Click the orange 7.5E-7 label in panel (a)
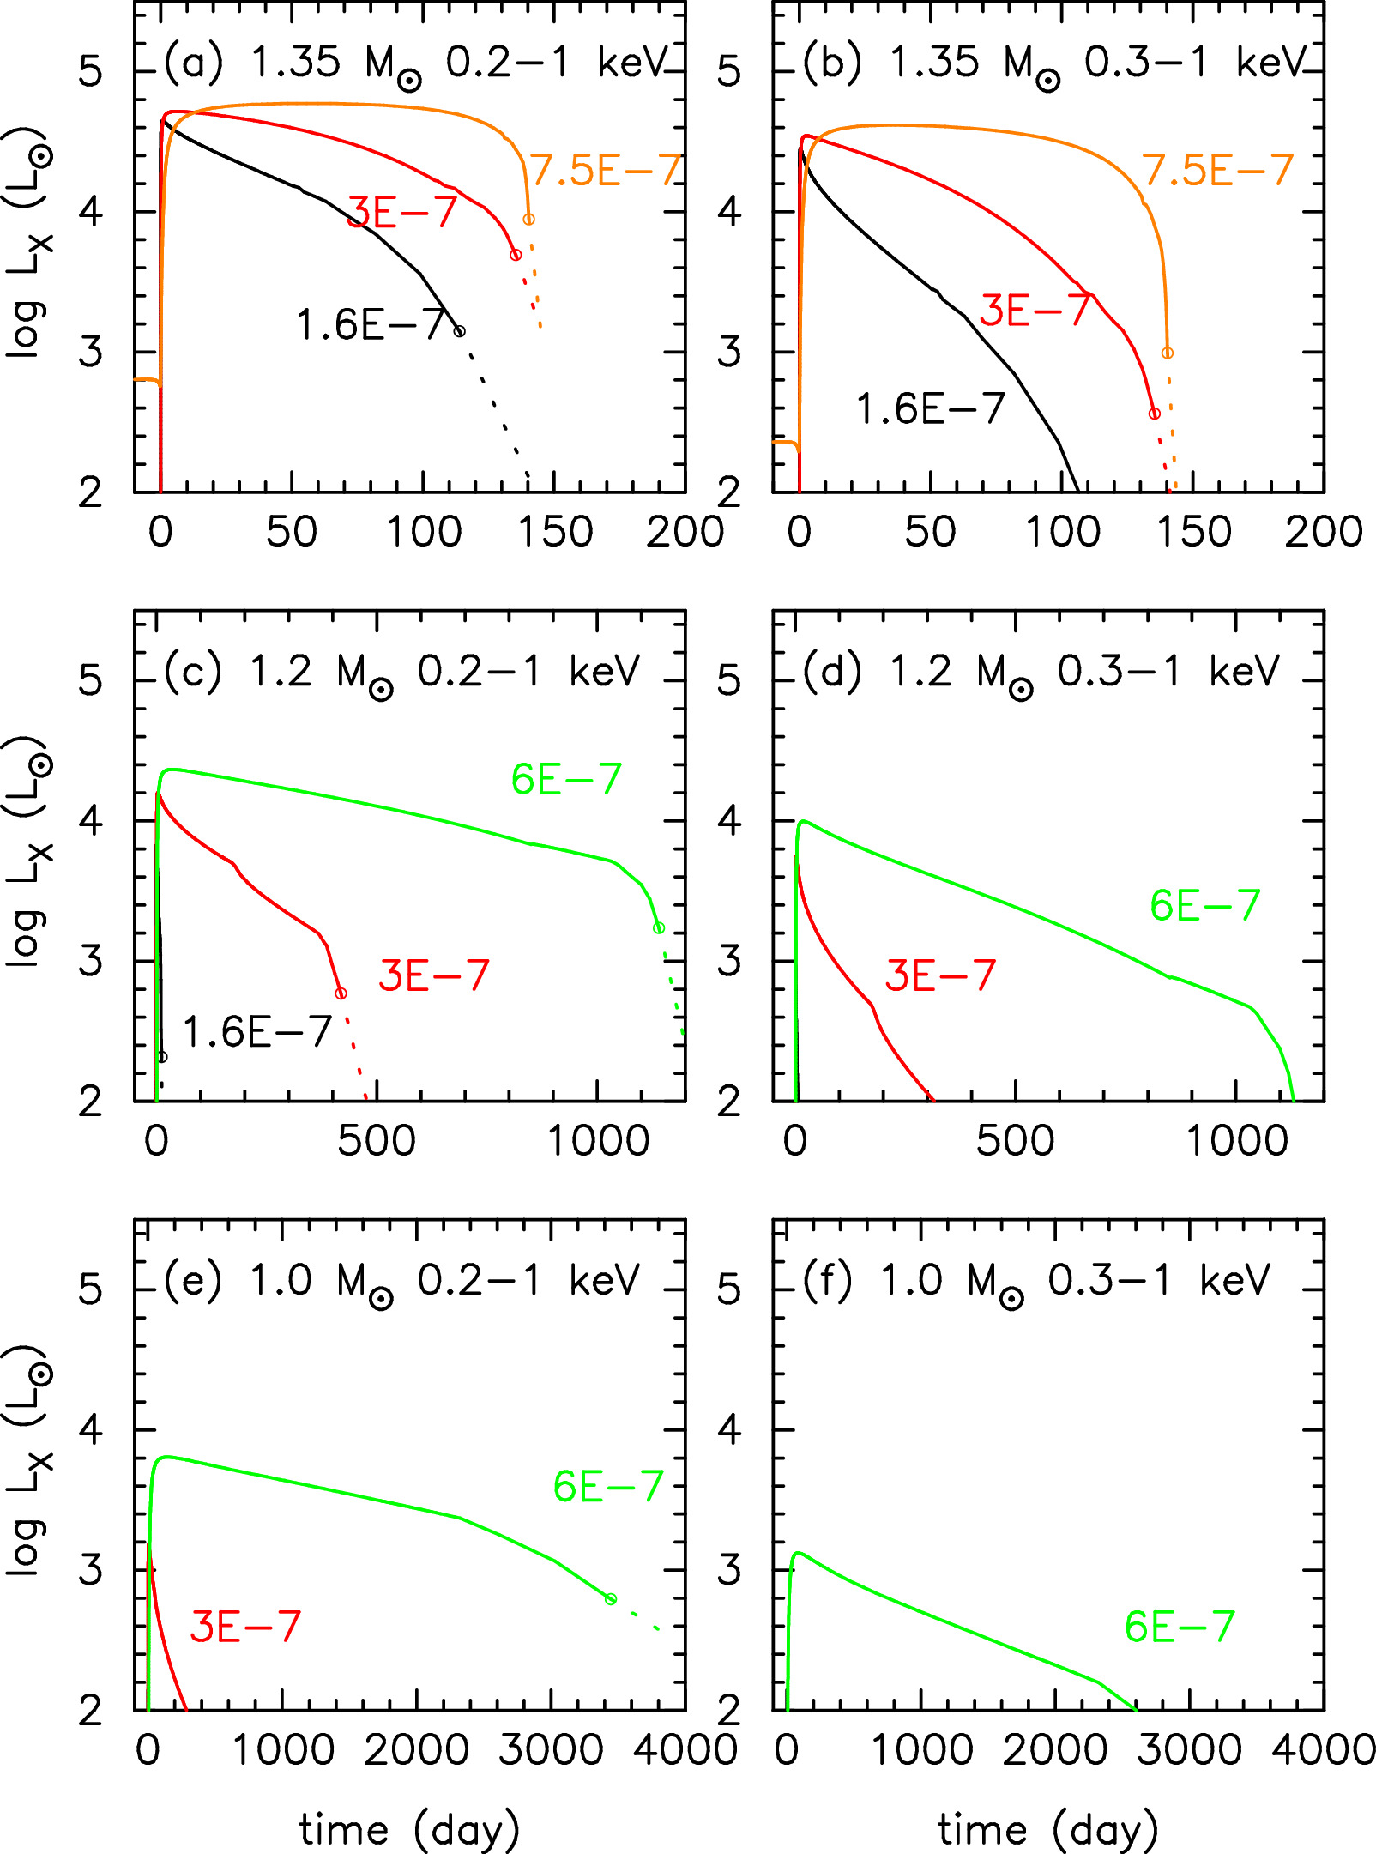(606, 170)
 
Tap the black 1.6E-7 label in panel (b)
(931, 408)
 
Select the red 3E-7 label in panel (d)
(940, 975)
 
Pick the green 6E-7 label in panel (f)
(1180, 1627)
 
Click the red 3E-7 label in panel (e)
(245, 1627)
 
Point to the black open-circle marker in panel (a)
(460, 331)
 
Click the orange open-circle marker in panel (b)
(1167, 353)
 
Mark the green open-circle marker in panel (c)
(659, 928)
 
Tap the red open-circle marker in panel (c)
(341, 993)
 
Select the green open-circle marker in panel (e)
(611, 1599)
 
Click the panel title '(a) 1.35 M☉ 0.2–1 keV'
(415, 63)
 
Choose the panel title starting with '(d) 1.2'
(1041, 673)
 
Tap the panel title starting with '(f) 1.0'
(1035, 1282)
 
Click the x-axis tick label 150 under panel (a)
(555, 532)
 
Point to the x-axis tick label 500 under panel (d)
(1015, 1141)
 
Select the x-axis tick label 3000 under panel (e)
(551, 1750)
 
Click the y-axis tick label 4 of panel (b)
(728, 212)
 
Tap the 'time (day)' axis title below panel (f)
(1047, 1830)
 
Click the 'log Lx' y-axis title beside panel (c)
(27, 851)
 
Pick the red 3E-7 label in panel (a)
(401, 212)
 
